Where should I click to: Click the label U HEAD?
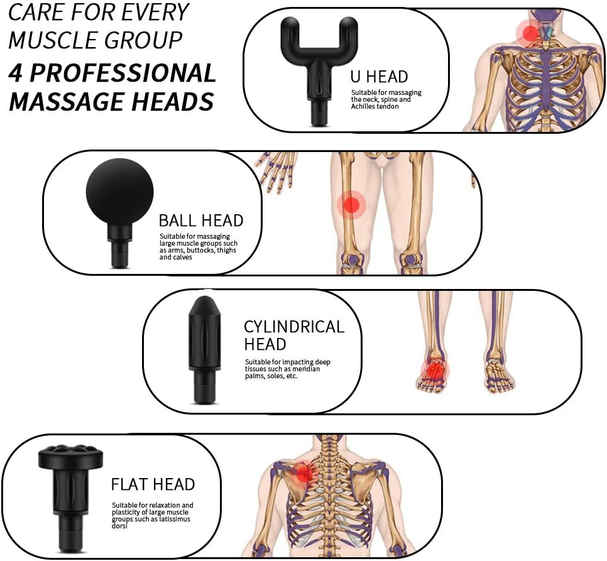click(379, 77)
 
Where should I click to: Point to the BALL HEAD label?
click(201, 221)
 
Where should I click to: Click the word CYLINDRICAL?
click(294, 327)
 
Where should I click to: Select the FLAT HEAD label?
click(153, 484)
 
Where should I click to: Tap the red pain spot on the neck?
click(530, 33)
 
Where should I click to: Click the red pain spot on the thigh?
click(351, 205)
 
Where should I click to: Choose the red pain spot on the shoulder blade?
click(305, 473)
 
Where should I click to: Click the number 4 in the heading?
click(16, 73)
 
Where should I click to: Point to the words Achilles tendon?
click(375, 106)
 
